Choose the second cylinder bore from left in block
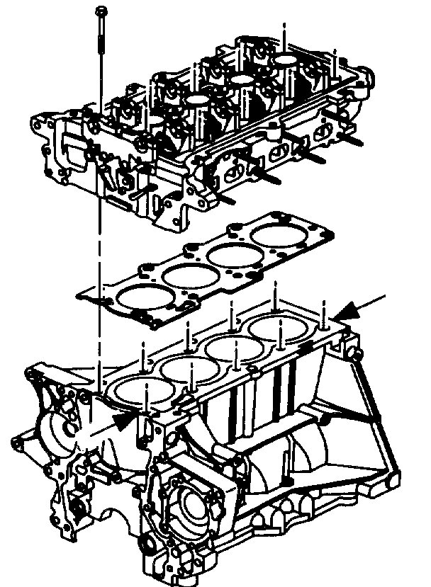(186, 367)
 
